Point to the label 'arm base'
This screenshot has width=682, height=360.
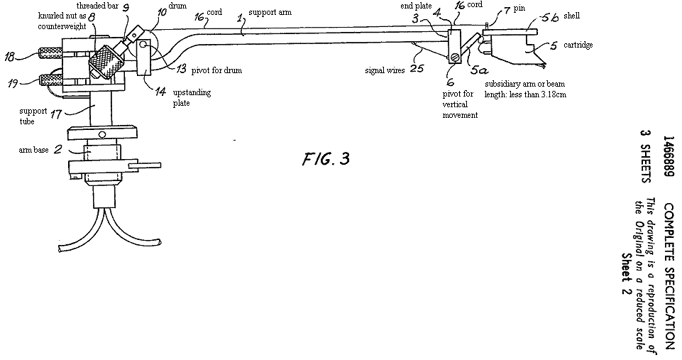tap(33, 151)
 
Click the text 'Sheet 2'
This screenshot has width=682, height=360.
tap(626, 273)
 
